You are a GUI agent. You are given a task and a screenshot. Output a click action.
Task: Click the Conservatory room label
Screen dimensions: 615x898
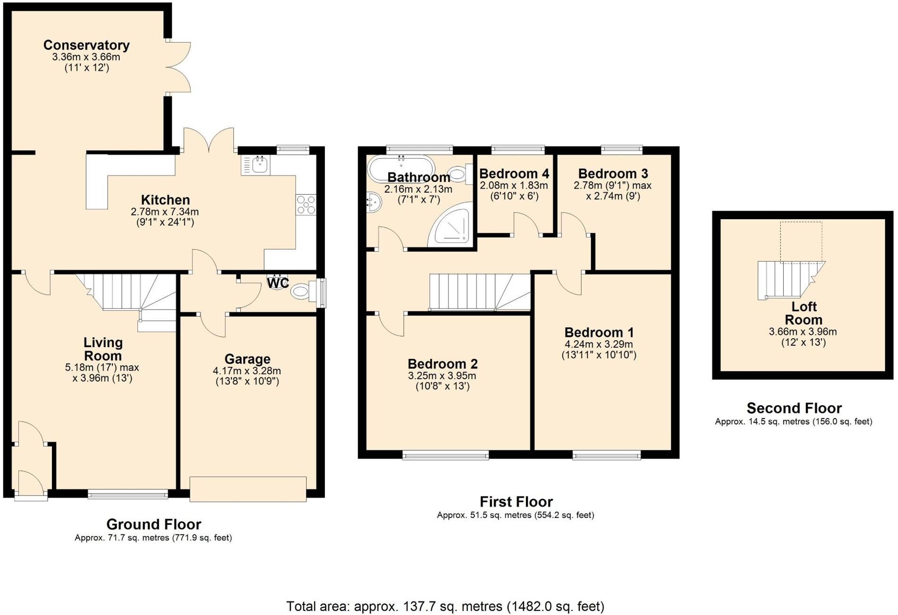[x=86, y=45]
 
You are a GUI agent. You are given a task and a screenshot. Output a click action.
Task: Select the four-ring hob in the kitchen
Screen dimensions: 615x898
[x=306, y=205]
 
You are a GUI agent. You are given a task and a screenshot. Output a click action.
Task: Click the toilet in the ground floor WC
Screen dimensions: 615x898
[x=302, y=290]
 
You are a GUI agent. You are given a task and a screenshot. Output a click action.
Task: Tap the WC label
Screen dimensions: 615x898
[x=278, y=283]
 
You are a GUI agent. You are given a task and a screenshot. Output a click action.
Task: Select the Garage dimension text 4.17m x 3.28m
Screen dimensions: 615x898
[x=246, y=371]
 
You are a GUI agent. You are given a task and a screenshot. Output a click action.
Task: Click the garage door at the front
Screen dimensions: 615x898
[x=248, y=489]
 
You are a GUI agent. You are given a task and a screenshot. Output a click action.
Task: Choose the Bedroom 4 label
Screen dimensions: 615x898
[x=514, y=174]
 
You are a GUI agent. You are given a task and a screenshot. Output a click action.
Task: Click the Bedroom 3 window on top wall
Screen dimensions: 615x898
[x=621, y=150]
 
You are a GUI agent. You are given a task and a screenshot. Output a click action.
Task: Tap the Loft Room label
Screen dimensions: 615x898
[x=804, y=313]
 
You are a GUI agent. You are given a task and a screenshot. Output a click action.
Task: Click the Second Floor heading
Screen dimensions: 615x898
[x=794, y=408]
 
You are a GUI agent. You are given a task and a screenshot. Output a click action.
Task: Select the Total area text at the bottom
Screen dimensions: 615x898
[x=445, y=606]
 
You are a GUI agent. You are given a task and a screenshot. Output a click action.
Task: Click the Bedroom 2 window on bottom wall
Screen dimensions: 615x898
[x=445, y=455]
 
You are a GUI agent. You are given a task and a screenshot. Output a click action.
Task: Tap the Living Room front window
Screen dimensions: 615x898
[x=127, y=494]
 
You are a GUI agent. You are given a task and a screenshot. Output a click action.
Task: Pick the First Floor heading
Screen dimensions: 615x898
[x=516, y=502]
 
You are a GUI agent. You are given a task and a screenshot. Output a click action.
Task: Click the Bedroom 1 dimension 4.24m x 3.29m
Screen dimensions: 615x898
[x=598, y=344]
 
